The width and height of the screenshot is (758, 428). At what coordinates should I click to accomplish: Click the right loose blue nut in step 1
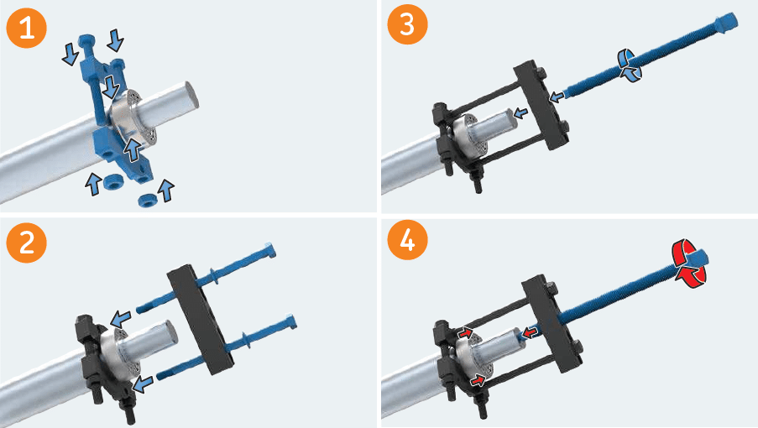click(x=149, y=199)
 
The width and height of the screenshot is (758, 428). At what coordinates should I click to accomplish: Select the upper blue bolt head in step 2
click(x=268, y=248)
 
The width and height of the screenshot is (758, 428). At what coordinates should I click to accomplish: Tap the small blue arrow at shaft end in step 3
click(x=520, y=112)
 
